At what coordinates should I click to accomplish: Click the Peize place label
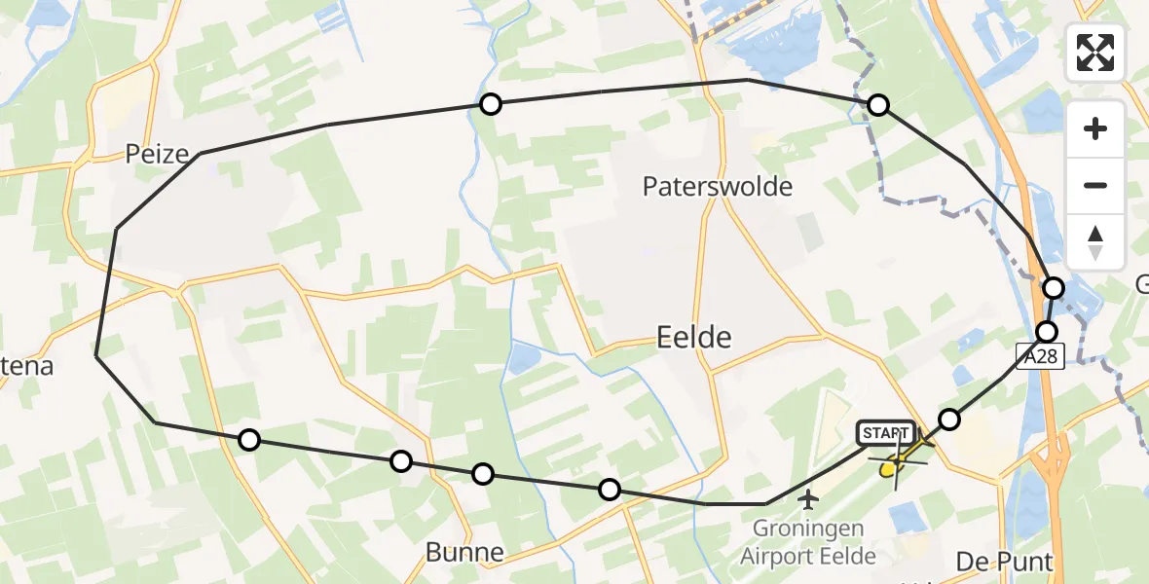tap(156, 153)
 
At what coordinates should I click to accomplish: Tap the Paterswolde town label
tap(718, 186)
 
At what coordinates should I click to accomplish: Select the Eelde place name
tap(694, 337)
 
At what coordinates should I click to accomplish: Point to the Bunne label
tap(464, 553)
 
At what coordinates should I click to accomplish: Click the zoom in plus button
tap(1095, 128)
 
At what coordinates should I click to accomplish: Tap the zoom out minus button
tap(1095, 185)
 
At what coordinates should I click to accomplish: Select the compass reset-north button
tap(1095, 241)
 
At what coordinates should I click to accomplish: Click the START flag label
tap(885, 432)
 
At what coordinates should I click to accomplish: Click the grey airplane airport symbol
tap(807, 500)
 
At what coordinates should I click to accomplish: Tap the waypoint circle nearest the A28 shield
tap(1047, 331)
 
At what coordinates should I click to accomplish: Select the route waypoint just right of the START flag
tap(948, 420)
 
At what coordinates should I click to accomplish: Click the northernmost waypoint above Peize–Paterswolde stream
tap(491, 104)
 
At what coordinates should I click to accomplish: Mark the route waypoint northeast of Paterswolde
tap(878, 105)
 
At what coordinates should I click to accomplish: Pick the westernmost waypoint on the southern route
tap(249, 440)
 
